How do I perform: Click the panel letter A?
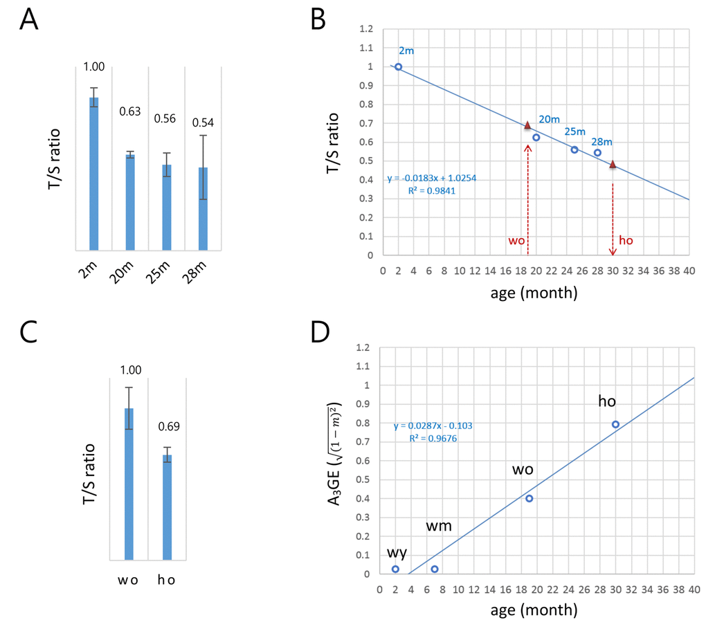coord(28,20)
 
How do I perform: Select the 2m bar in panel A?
coord(93,173)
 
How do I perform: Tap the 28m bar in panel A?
coord(202,208)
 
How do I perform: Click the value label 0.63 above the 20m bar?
coord(129,111)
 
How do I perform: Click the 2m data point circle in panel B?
coord(398,67)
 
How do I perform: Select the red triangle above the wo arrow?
coord(527,125)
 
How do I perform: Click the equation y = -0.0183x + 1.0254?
coord(432,178)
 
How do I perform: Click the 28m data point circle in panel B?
coord(597,152)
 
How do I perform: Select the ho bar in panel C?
coord(167,507)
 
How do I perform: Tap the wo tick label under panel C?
coord(129,580)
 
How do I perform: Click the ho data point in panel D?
coord(615,424)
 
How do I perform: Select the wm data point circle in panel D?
coord(435,569)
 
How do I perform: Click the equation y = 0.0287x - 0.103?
coord(433,426)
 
